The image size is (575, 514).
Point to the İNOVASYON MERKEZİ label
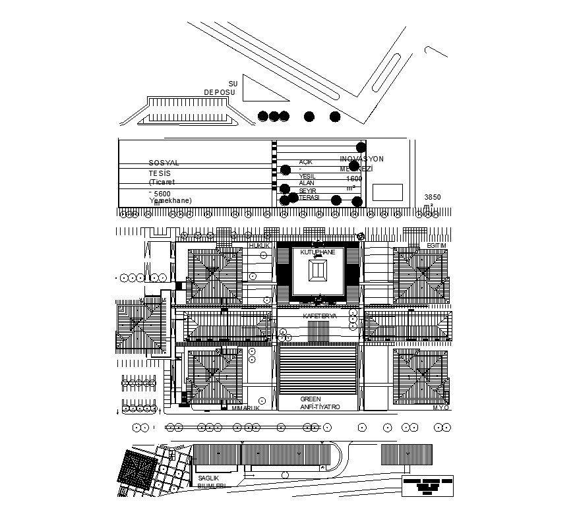coord(361,164)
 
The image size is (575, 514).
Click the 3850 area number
coord(433,197)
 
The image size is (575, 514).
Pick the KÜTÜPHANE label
coord(317,252)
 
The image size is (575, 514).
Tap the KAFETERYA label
coord(319,316)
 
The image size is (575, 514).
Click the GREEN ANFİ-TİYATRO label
coord(319,403)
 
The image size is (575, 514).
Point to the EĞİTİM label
coord(437,246)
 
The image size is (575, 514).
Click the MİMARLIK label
coord(245,408)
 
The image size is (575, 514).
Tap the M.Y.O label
coord(440,408)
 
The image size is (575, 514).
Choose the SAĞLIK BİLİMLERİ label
coord(211,482)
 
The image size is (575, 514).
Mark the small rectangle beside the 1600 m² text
coord(387,192)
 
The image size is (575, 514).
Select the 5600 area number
coord(162,194)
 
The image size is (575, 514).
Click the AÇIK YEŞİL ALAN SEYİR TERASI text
coord(309,179)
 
